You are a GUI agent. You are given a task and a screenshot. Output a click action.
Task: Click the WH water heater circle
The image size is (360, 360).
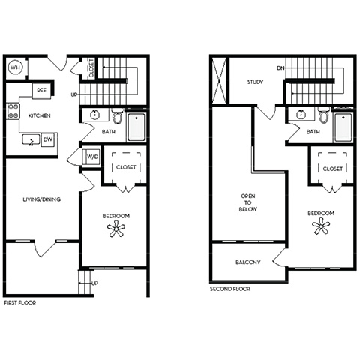[x=16, y=67]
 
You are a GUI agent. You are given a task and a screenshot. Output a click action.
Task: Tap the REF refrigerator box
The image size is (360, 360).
[x=41, y=90]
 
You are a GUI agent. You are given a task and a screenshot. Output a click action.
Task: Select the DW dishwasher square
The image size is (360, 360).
[x=48, y=139]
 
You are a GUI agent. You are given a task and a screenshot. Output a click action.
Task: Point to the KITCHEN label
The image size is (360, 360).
[x=39, y=115]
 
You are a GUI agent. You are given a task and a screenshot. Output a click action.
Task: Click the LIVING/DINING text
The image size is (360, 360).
[x=41, y=199]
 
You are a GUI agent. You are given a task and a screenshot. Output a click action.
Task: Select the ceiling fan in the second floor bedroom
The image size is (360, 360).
[x=321, y=226]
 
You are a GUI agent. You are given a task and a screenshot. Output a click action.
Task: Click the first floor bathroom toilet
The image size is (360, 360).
[x=118, y=116]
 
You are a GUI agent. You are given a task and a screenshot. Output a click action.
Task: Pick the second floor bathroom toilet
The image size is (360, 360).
[x=324, y=115]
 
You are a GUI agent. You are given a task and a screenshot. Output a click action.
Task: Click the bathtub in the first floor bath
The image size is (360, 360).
[x=136, y=127]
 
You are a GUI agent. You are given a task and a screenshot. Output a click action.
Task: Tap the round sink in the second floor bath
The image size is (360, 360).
[x=301, y=115]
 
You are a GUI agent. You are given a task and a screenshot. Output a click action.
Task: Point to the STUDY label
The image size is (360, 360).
[x=255, y=82]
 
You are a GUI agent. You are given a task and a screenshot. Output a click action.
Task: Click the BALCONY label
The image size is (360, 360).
[x=247, y=262]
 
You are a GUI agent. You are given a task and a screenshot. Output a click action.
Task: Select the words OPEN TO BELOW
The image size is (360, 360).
[x=248, y=202]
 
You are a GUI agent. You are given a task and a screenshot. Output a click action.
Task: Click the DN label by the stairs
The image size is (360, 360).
[x=280, y=68]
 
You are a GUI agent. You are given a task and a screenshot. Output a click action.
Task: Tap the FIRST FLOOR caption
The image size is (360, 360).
[x=20, y=303]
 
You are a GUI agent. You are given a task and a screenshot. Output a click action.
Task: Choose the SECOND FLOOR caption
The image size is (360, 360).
[x=230, y=289]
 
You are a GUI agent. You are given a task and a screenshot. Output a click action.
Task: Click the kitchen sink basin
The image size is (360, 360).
[x=31, y=140]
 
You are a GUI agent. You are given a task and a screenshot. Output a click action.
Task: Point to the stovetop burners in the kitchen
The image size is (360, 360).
[x=13, y=111]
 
